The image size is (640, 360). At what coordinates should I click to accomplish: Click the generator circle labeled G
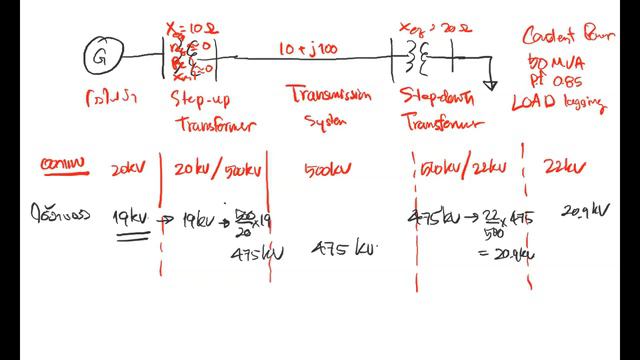[x=99, y=56]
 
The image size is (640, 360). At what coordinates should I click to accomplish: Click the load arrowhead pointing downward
[x=490, y=85]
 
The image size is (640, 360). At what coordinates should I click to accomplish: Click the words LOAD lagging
[x=559, y=102]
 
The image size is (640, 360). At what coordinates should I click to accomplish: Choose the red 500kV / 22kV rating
[x=466, y=168]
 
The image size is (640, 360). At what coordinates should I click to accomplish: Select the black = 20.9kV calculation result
[x=505, y=254]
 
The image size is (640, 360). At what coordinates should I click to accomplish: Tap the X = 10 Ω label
[x=190, y=27]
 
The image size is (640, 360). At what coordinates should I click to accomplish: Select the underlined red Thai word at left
[x=64, y=166]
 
